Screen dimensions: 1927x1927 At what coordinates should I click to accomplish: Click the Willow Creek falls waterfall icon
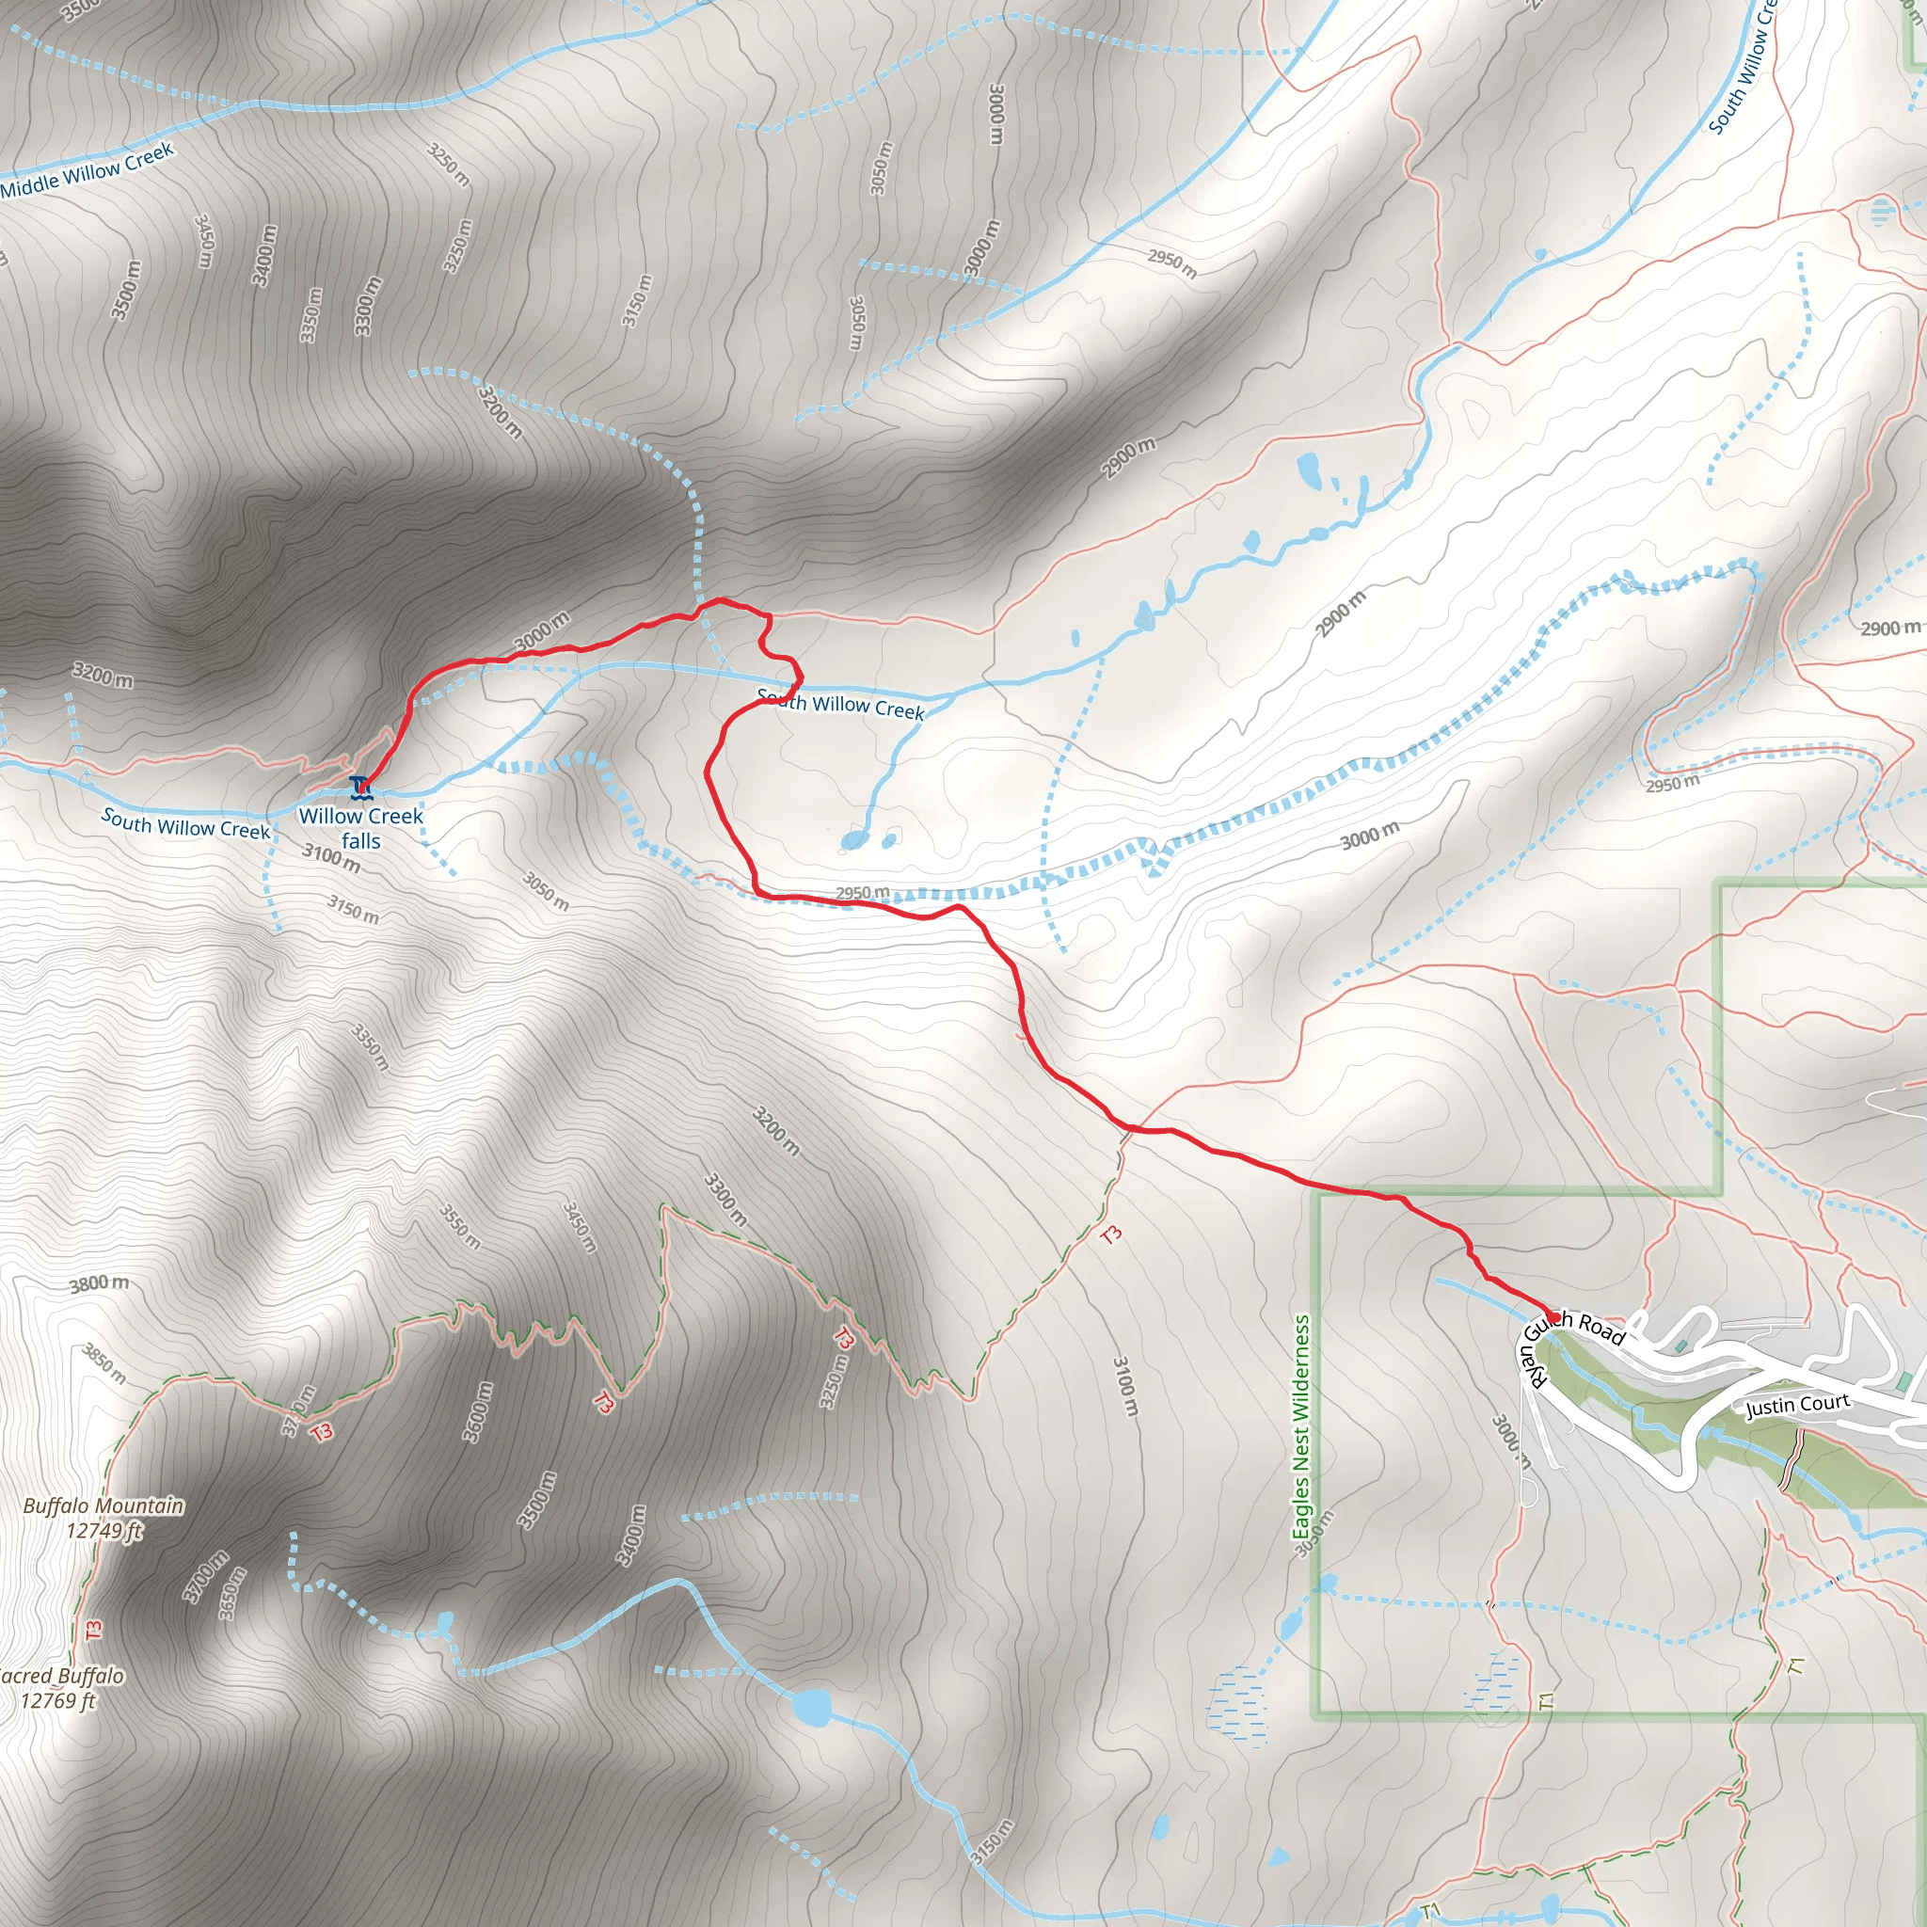(x=360, y=787)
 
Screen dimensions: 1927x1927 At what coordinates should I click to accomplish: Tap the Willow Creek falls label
(x=361, y=828)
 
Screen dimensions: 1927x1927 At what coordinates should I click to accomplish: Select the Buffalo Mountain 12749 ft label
(x=104, y=1518)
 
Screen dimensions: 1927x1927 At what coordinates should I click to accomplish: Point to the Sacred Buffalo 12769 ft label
(x=60, y=1688)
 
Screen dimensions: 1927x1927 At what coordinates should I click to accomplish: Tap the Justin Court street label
(x=1797, y=1406)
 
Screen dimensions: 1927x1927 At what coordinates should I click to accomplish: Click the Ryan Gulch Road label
(x=1571, y=1342)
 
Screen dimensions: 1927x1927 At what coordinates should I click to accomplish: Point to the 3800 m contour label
(x=99, y=1283)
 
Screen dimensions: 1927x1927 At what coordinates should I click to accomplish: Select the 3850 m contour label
(x=104, y=1363)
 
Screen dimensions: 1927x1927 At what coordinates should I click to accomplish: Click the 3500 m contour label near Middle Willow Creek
(x=127, y=290)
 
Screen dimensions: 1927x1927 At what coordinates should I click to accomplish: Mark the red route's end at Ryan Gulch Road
(x=1553, y=1318)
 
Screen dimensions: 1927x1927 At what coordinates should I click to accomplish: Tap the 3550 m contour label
(x=461, y=1227)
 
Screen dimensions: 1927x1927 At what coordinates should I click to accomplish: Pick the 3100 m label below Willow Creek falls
(x=331, y=857)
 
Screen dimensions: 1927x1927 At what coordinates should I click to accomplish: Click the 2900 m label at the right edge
(x=1889, y=629)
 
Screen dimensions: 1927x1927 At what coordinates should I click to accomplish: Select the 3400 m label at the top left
(x=264, y=255)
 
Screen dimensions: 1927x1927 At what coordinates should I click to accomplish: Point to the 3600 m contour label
(x=478, y=1411)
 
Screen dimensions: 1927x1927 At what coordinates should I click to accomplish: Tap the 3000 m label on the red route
(x=543, y=631)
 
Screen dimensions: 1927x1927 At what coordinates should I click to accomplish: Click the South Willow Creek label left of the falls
(x=185, y=824)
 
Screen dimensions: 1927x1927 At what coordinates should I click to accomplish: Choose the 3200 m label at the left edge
(x=102, y=676)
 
